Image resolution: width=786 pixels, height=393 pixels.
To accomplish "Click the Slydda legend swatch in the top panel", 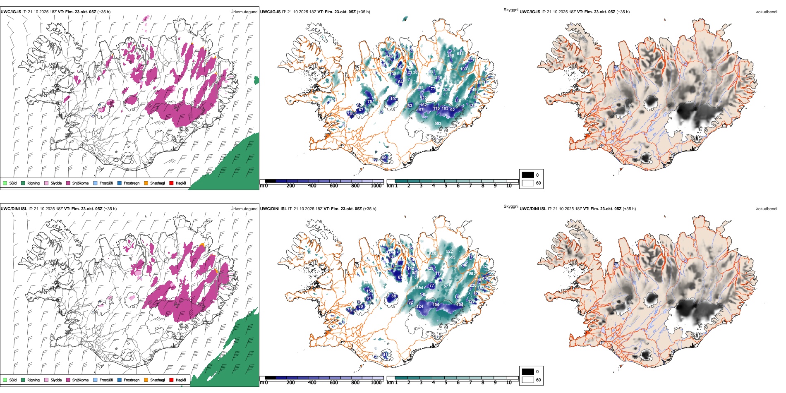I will point(46,183).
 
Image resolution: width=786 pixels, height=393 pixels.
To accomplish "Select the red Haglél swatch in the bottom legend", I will point(171,380).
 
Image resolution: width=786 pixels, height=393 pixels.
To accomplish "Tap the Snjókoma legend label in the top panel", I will point(80,183).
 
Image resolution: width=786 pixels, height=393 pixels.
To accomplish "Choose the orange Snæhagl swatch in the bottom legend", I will point(146,380).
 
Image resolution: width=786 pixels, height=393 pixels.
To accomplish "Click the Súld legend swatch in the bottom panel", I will point(5,380).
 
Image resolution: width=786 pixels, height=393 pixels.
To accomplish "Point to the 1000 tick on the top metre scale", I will point(376,186).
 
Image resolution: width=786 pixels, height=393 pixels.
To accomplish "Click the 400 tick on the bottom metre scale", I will point(312,383).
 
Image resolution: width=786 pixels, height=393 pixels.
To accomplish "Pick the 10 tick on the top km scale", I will point(509,186).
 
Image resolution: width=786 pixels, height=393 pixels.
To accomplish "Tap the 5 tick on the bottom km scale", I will point(446,383).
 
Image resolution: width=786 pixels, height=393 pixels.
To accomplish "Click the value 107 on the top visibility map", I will point(393,99).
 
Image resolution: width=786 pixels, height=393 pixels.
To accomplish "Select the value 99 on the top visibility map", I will point(384,158).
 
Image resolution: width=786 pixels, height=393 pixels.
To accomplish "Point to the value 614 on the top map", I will point(460,54).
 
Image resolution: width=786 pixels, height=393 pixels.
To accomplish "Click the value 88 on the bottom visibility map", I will point(393,296).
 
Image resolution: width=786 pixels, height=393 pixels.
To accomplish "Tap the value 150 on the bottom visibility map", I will point(369,291).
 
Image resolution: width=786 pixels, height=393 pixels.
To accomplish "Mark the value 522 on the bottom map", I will point(449,252).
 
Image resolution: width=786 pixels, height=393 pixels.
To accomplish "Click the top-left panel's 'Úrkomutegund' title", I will point(244,12).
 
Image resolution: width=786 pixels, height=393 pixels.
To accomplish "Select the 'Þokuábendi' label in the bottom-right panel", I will point(766,209).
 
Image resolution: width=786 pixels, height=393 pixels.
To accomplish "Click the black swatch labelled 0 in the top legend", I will point(528,175).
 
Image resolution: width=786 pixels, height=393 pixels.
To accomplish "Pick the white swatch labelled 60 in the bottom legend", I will point(528,380).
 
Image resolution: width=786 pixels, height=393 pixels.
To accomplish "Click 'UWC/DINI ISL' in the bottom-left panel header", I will point(14,209).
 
